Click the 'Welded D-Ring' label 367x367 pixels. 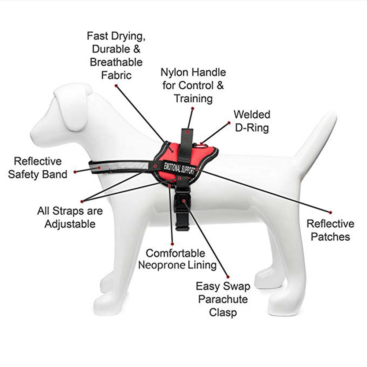point(252,121)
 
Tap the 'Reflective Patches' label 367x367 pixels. point(330,230)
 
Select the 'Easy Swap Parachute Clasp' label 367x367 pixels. point(223,299)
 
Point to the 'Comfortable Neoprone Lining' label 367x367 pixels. point(177,259)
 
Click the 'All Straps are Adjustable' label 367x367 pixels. point(70,218)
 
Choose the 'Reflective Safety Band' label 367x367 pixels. point(38,168)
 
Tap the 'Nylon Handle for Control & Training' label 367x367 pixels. point(193,85)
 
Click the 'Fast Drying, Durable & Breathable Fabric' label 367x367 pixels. point(116,56)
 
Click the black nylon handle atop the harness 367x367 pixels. point(186,145)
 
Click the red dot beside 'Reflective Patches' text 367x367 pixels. point(330,212)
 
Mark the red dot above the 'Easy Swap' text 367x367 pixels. point(228,277)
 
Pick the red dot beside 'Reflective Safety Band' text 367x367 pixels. point(75,172)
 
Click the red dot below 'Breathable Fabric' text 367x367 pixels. point(116,86)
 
